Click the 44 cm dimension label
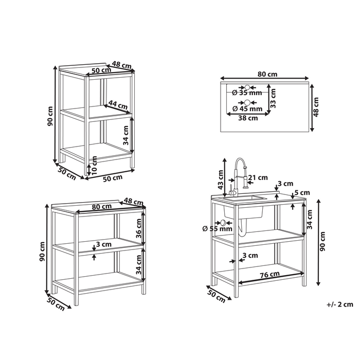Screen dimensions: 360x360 coord(119,106)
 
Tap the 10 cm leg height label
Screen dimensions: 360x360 coord(94,165)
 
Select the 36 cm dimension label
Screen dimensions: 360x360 coord(138,227)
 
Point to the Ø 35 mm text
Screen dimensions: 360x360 coord(247,93)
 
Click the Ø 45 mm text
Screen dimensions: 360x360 coord(247,109)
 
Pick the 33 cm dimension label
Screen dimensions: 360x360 coord(273,98)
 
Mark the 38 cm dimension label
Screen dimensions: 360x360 coord(248,118)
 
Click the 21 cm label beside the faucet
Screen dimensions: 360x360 coord(258,178)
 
